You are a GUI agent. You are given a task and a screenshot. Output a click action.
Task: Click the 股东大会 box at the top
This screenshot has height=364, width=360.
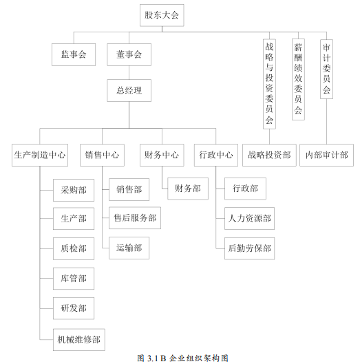[x=162, y=15]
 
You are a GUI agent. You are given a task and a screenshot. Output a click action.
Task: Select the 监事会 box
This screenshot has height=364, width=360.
[x=74, y=54]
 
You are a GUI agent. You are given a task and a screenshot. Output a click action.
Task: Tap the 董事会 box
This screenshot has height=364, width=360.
[x=129, y=54]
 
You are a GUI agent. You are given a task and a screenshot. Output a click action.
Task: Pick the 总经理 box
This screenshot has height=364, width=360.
[x=129, y=90]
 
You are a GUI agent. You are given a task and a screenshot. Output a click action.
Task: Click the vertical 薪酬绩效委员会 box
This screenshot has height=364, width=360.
[x=298, y=79]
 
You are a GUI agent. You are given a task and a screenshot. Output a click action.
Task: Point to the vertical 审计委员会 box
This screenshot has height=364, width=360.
[x=326, y=69]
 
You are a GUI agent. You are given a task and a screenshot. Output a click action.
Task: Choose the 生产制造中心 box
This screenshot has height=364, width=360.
[x=40, y=155]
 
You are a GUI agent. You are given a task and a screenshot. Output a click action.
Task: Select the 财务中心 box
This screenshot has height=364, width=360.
[x=162, y=155]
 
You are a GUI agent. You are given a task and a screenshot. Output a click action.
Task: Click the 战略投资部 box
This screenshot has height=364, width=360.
[x=269, y=155]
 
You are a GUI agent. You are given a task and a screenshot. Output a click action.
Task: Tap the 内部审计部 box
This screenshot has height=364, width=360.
[x=326, y=155]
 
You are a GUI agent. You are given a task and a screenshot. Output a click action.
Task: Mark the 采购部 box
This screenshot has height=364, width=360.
[x=74, y=190]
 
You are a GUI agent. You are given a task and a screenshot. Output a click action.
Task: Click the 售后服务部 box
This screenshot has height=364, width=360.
[x=135, y=218]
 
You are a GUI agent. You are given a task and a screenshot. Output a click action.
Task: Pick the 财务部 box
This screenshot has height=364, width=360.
[x=188, y=189]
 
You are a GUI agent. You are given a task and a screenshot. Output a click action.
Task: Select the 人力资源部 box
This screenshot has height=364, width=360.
[x=249, y=218]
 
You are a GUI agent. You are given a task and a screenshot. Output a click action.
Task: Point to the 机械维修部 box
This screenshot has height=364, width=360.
[x=79, y=340]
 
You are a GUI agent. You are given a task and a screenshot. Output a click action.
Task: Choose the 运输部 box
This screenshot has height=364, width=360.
[x=129, y=248]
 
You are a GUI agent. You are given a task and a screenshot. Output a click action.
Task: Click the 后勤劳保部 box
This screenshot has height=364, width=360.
[x=249, y=248]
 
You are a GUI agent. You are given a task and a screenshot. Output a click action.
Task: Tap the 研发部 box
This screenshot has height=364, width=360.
[x=74, y=308]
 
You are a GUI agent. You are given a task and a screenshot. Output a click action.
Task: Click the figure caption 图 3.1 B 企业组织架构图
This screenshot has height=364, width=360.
[x=182, y=358]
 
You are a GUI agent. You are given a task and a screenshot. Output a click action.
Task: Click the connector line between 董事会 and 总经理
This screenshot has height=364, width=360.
[x=129, y=73]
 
